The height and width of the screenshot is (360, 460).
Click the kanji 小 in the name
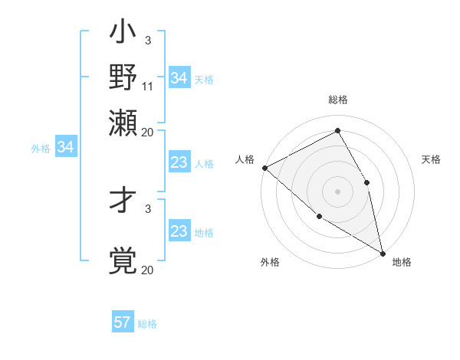[123, 34]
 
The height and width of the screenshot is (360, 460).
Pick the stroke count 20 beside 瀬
[148, 131]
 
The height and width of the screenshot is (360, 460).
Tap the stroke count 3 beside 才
[148, 208]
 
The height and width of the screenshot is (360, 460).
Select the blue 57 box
[123, 322]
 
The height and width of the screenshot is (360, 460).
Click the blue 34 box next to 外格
[65, 147]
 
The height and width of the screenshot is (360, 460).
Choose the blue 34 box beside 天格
[179, 78]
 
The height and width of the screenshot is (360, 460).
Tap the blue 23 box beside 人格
[179, 162]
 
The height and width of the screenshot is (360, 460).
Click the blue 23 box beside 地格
[179, 231]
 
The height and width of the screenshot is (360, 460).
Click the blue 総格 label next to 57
[147, 324]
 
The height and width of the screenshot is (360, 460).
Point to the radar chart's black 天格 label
[431, 159]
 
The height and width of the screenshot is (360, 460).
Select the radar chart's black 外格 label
[270, 262]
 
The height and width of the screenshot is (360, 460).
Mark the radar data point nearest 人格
[264, 168]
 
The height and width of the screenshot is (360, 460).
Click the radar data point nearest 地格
[382, 252]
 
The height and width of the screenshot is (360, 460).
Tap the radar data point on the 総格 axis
[337, 131]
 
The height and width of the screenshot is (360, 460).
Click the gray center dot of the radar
[337, 191]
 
